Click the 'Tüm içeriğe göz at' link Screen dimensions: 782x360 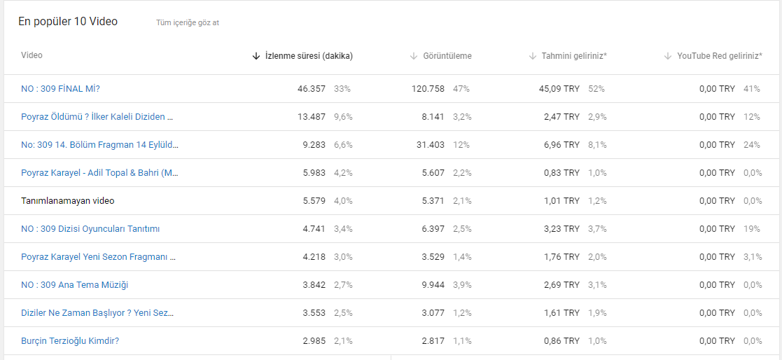(x=188, y=22)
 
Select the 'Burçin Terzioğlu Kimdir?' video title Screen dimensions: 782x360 (x=70, y=341)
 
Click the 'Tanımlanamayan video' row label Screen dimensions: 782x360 (x=68, y=201)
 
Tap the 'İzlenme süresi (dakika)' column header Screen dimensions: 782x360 (x=309, y=56)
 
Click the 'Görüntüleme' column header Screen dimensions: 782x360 (x=447, y=56)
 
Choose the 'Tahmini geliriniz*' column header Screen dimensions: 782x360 (x=574, y=56)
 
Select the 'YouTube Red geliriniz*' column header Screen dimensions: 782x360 (x=720, y=56)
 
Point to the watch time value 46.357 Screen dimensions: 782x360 (x=312, y=89)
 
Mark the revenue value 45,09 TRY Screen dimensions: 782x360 (x=559, y=89)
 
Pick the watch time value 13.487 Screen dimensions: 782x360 (x=312, y=117)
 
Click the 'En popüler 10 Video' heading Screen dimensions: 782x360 (x=68, y=22)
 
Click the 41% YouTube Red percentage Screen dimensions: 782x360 (x=752, y=89)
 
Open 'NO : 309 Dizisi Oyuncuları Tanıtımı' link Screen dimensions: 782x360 (x=90, y=229)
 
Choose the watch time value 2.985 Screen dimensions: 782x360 (x=314, y=341)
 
